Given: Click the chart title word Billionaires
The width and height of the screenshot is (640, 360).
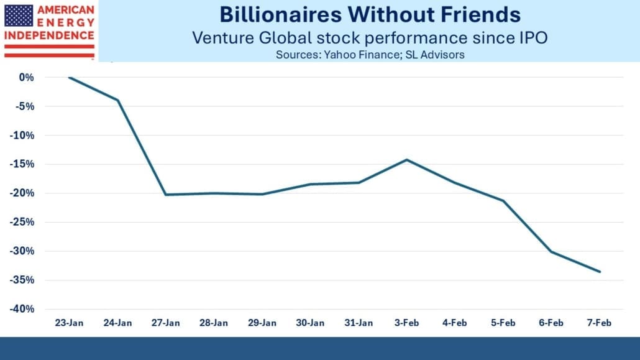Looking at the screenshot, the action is (x=281, y=15).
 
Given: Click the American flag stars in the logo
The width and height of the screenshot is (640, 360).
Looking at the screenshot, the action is (x=19, y=16).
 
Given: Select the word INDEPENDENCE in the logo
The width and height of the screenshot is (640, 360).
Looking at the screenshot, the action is (x=49, y=35).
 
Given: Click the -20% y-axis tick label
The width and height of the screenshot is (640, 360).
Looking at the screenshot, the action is (x=22, y=193).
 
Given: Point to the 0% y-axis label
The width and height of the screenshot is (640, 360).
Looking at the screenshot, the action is (x=27, y=77).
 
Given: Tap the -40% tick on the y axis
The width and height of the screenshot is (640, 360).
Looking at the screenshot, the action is (x=22, y=309).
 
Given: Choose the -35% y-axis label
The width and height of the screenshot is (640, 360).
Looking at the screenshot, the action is (x=22, y=280).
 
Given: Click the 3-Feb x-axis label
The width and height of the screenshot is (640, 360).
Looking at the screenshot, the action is (x=406, y=323).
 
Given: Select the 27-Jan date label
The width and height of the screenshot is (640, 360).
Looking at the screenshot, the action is (x=166, y=323).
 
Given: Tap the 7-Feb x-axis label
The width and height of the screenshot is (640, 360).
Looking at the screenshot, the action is (x=599, y=323).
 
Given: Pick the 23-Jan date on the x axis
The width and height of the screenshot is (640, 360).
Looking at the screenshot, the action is (x=70, y=323).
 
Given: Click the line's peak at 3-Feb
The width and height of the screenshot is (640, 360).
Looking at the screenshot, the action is (x=406, y=160).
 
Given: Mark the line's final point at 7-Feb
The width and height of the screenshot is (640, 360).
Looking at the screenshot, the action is (x=600, y=272).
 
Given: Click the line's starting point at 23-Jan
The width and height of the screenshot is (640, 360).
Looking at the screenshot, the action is (x=70, y=77).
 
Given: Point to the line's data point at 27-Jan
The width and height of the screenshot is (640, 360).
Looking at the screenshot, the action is (x=166, y=195).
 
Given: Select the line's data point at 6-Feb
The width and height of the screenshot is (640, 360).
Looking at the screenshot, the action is (x=551, y=252).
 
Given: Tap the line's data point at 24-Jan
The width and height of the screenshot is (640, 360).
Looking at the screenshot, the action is (x=118, y=100).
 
